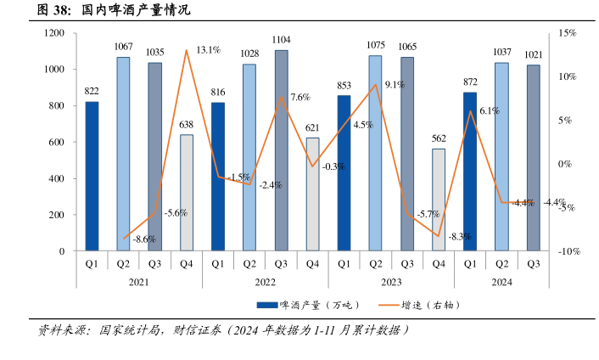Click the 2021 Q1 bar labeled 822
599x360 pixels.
coord(92,177)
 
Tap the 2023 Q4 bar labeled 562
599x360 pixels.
coord(438,200)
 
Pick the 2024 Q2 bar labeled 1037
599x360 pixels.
coord(501,157)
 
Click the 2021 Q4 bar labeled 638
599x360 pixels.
coord(186,193)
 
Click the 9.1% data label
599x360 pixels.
coord(394,85)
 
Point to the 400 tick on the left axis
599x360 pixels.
coord(57,178)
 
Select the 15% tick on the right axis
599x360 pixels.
coord(567,33)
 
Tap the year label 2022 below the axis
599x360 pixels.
coord(265,281)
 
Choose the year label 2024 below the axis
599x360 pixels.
coord(501,281)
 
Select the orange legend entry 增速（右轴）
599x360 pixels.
coord(420,305)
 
